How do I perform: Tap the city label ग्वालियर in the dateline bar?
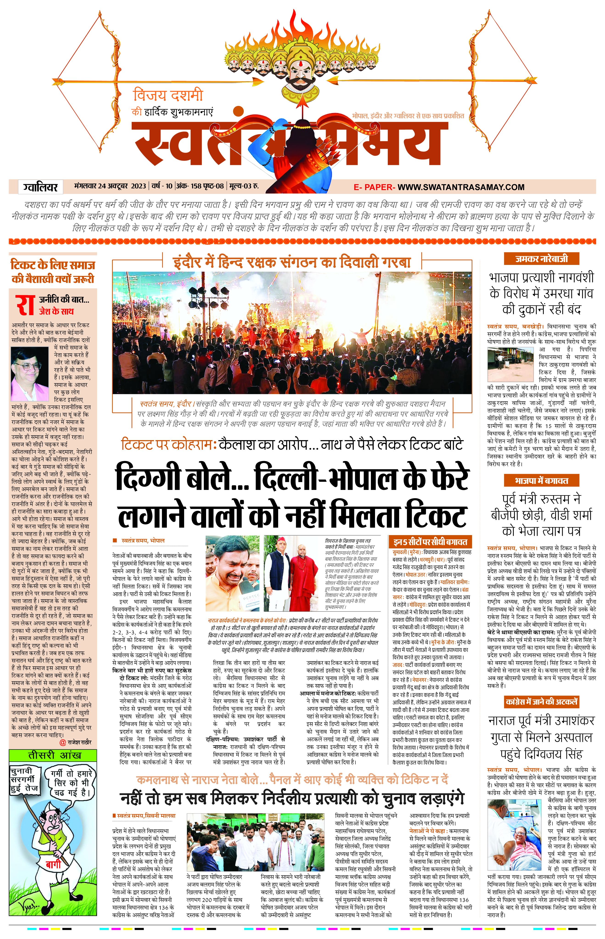(40, 187)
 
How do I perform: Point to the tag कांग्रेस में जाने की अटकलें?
(541, 702)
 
